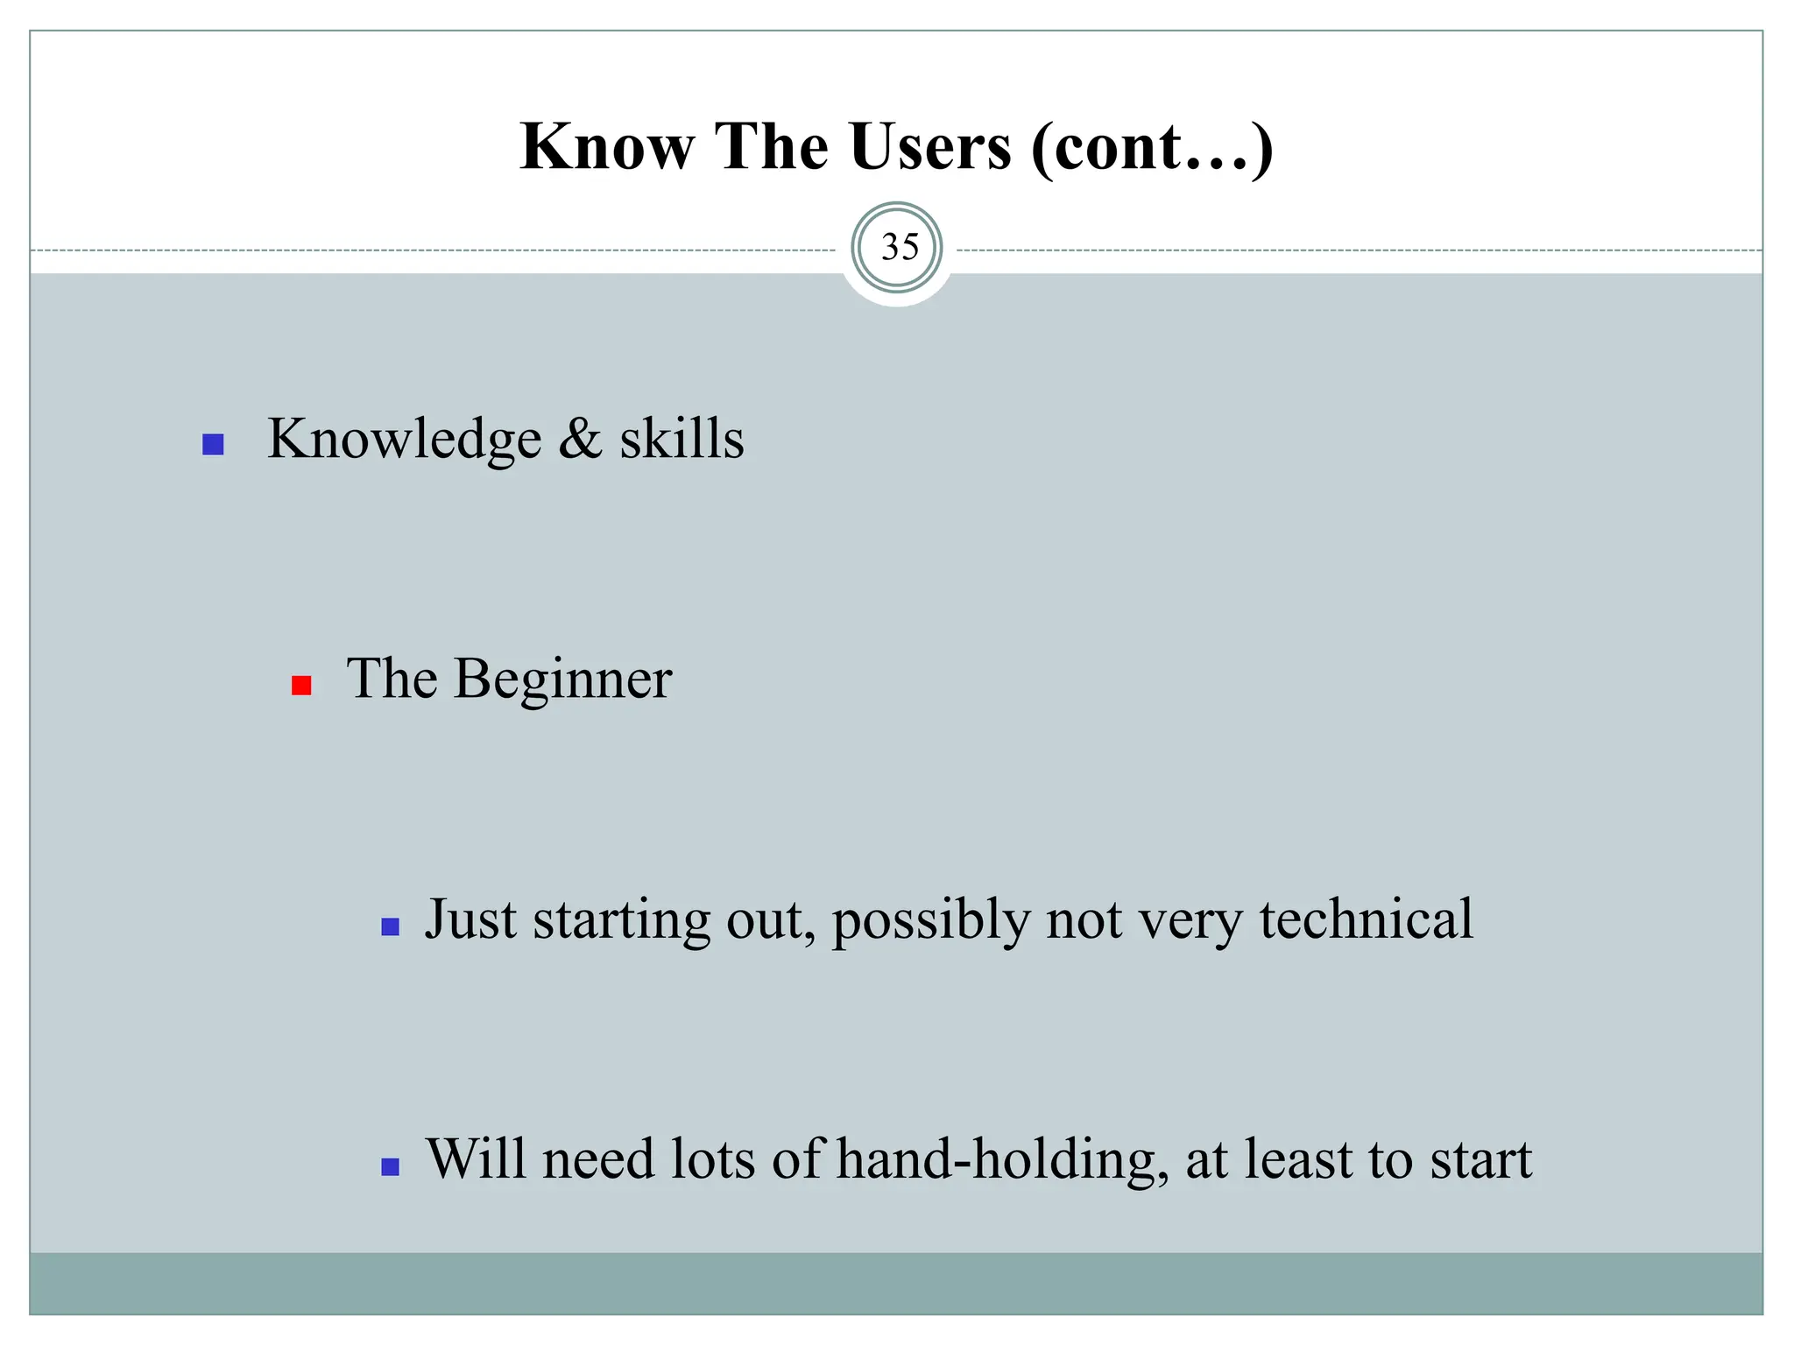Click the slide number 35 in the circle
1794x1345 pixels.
(x=899, y=248)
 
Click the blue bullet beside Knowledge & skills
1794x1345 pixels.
(x=213, y=445)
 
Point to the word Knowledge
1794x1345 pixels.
(x=404, y=439)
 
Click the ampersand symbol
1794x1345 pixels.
(x=580, y=439)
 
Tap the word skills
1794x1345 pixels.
(x=682, y=439)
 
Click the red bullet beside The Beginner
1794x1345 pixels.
(x=301, y=686)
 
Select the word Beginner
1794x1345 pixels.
(x=562, y=680)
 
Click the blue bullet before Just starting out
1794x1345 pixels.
(x=391, y=926)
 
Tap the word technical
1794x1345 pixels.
(x=1367, y=920)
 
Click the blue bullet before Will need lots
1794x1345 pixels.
(x=391, y=1166)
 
